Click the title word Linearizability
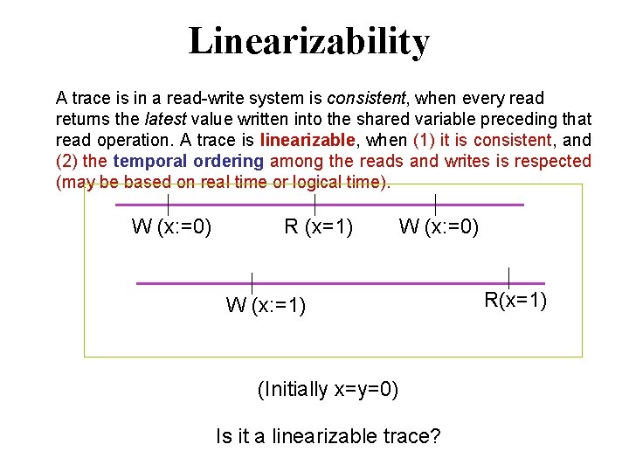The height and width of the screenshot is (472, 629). (309, 42)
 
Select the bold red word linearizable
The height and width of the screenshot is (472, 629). (307, 140)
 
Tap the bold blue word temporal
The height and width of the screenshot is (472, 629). (144, 161)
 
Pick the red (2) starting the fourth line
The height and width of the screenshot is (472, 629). (66, 161)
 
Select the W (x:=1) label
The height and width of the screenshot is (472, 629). (266, 305)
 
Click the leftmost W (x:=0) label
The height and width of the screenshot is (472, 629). (171, 228)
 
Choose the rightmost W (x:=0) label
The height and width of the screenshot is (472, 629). (439, 228)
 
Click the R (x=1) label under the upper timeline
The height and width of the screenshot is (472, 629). (319, 228)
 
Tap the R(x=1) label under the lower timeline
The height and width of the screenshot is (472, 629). (516, 301)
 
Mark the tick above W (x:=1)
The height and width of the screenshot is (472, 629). (252, 282)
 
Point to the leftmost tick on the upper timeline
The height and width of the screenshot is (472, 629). (168, 205)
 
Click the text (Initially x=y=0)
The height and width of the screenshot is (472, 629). (328, 389)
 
